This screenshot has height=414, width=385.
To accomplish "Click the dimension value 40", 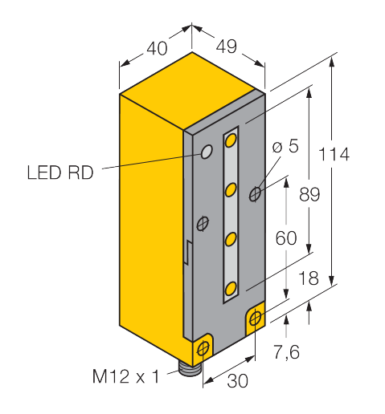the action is click(x=157, y=48).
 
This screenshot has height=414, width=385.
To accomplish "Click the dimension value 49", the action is click(x=227, y=47).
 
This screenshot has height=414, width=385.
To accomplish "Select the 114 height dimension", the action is click(x=334, y=154).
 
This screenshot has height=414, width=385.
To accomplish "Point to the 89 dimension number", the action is click(x=309, y=194).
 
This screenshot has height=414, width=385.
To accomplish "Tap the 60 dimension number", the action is click(x=286, y=238).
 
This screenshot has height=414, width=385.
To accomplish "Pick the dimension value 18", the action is click(x=309, y=278).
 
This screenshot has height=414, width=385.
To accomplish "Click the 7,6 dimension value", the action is click(x=286, y=351).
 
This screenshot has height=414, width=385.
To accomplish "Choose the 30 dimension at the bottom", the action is click(x=237, y=381).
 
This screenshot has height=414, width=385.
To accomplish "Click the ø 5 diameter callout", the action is click(x=285, y=146).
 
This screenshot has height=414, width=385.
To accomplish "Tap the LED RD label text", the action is click(x=60, y=172).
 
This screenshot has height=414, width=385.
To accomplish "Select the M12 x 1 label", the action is click(x=125, y=376).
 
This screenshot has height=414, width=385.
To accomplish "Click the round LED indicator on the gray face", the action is click(x=207, y=152).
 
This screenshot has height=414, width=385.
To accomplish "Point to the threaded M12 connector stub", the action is click(x=190, y=369).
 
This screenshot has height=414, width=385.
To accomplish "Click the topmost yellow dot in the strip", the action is click(x=231, y=140).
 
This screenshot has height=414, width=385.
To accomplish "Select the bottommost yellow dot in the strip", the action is click(x=231, y=289).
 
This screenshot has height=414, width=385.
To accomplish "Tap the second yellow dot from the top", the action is click(x=231, y=189).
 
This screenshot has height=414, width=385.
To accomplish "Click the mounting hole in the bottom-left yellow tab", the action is click(x=203, y=348).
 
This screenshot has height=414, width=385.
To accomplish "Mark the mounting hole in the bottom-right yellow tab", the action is click(x=256, y=318).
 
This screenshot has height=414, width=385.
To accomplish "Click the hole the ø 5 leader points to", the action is click(x=256, y=193).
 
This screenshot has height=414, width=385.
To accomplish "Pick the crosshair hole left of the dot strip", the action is click(x=203, y=224).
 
